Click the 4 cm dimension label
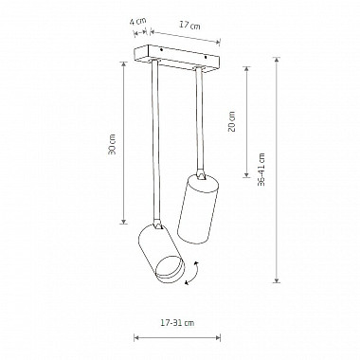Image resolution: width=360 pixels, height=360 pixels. [x=137, y=22]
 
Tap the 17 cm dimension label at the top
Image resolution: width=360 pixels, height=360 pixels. [x=190, y=25]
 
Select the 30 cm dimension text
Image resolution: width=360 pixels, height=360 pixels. [x=112, y=144]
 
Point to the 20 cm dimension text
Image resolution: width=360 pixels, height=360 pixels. [x=232, y=121]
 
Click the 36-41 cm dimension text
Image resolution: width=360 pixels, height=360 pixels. [x=261, y=170]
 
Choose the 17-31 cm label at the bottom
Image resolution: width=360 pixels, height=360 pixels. [x=177, y=323]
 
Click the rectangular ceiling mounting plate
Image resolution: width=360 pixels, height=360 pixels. [x=176, y=59]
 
